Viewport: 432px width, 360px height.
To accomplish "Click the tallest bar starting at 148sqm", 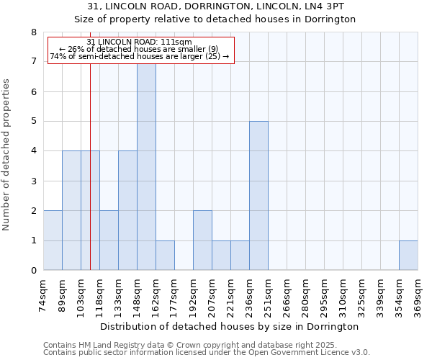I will (146, 166).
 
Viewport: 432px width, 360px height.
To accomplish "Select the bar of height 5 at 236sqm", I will (258, 196).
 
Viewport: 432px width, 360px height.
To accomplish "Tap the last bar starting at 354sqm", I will (408, 256).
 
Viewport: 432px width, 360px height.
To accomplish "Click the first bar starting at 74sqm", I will (53, 240).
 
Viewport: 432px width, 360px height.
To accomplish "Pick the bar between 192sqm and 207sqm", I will (202, 240).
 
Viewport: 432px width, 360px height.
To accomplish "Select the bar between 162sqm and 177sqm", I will (165, 256).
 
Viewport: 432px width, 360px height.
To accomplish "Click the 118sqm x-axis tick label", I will (100, 295).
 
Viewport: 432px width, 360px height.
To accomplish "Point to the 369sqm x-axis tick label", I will (418, 295).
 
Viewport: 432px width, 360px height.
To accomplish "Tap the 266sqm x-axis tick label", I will (287, 295).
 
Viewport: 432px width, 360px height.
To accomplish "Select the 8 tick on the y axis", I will (33, 32).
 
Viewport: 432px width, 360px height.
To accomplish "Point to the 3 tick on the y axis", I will (33, 181).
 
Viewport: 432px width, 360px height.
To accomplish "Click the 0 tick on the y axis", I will (33, 271).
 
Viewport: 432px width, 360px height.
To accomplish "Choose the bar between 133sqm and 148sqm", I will (127, 211).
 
